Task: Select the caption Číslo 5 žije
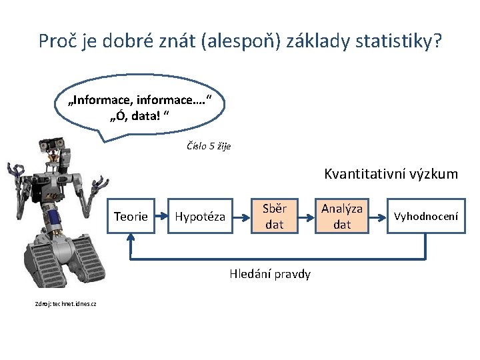[209, 147]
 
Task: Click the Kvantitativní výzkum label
[391, 174]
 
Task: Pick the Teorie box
[131, 216]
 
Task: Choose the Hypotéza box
[200, 216]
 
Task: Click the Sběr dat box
[274, 216]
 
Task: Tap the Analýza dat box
[341, 216]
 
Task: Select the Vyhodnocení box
[426, 216]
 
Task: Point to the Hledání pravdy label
[269, 274]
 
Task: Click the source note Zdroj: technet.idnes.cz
[65, 304]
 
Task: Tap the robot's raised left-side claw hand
[15, 175]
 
